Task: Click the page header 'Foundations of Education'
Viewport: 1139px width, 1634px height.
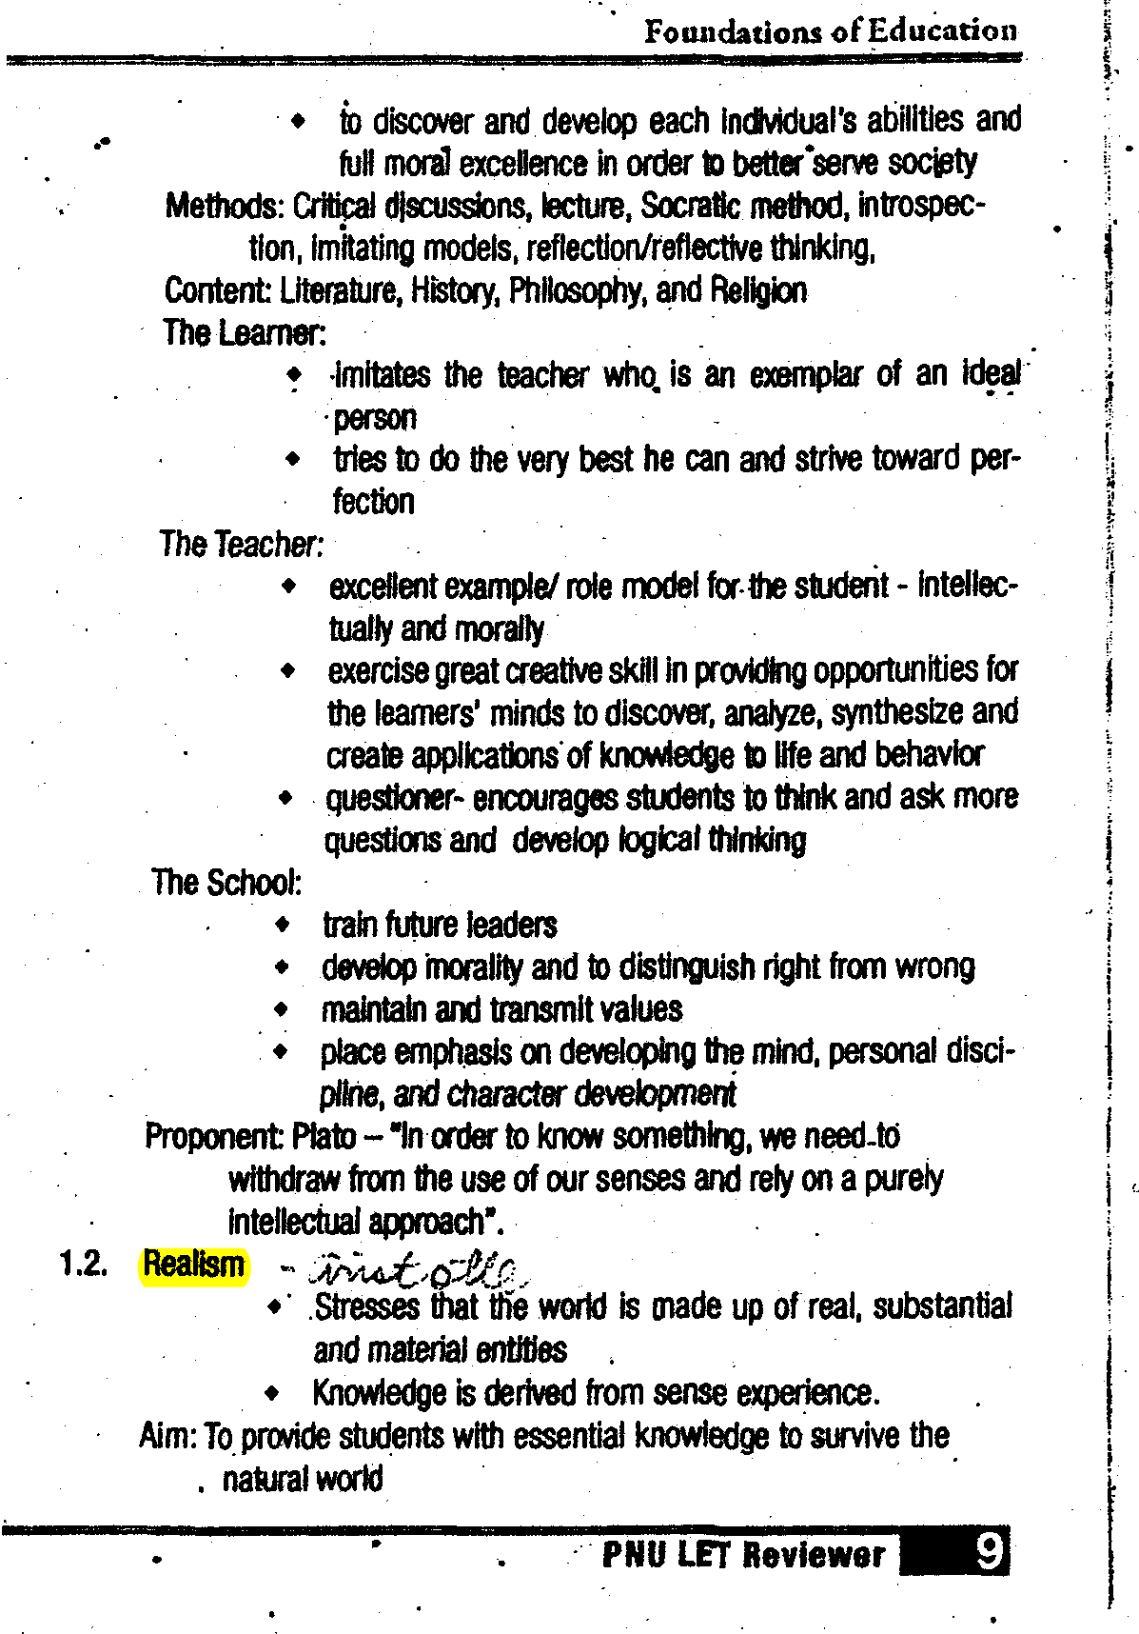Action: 830,31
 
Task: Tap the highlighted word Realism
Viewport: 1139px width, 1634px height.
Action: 194,1265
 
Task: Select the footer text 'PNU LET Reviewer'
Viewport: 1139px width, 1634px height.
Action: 743,1555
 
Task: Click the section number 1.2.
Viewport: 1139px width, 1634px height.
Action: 83,1265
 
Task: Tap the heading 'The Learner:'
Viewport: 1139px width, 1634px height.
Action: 245,333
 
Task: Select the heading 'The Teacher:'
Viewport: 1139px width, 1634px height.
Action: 242,545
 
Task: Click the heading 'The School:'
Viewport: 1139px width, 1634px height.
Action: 226,883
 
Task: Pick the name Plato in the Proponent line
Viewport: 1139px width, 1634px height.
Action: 324,1137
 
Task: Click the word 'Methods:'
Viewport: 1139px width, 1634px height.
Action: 225,206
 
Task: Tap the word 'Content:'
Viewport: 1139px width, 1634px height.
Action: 218,290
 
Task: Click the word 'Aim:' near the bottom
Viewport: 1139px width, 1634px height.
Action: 167,1435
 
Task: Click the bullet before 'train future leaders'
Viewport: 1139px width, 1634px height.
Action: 282,924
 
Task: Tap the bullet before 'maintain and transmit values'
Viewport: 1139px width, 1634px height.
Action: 281,1008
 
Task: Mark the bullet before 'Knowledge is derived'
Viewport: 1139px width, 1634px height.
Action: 273,1394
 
